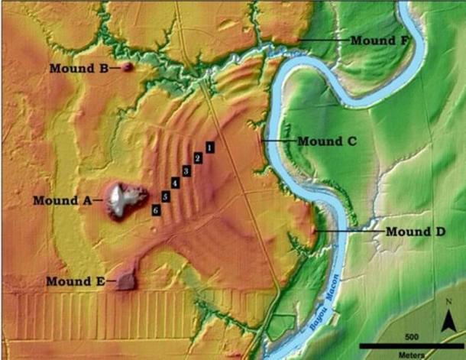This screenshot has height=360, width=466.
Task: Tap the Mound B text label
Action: pyautogui.click(x=78, y=68)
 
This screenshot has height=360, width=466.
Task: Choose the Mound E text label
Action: pyautogui.click(x=74, y=281)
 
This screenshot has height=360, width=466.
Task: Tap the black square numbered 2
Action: pyautogui.click(x=198, y=157)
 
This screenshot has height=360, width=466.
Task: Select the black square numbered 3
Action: pyautogui.click(x=186, y=170)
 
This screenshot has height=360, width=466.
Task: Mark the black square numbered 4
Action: pyautogui.click(x=176, y=183)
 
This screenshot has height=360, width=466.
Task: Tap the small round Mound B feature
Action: pyautogui.click(x=128, y=67)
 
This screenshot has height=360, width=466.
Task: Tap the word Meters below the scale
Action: pyautogui.click(x=411, y=354)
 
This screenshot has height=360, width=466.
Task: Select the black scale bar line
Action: pyautogui.click(x=411, y=345)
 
